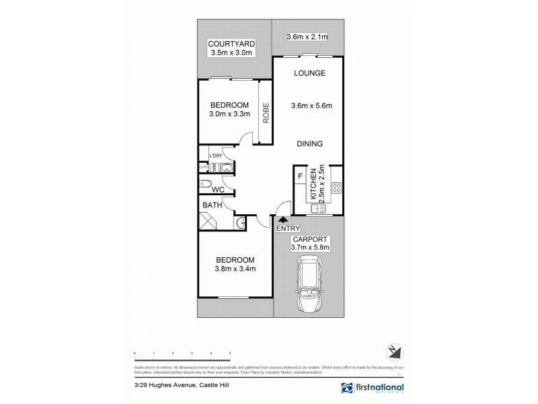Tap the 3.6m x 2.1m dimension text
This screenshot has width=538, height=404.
(x=307, y=37)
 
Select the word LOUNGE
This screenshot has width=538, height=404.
(x=309, y=73)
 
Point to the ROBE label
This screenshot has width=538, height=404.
(x=266, y=110)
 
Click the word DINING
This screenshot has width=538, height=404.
(x=309, y=143)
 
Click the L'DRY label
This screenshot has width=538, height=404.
(x=216, y=156)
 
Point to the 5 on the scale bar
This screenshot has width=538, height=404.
(x=230, y=353)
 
